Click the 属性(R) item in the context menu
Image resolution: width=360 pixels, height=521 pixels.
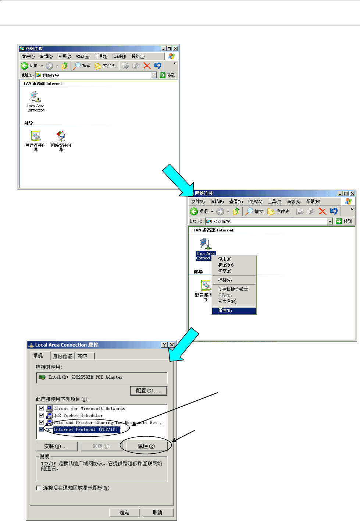(225, 311)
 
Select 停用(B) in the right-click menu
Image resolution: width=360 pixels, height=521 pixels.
(225, 259)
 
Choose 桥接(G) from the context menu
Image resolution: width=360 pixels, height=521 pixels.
(225, 280)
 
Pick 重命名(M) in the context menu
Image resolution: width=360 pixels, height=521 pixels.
(227, 301)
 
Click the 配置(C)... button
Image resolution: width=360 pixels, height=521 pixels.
(149, 390)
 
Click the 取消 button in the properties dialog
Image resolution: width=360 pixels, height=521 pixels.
(157, 513)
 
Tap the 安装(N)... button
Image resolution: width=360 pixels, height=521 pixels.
(56, 446)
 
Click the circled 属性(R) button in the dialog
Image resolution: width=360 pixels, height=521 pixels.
(146, 446)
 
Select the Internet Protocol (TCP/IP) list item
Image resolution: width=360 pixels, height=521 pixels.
(85, 429)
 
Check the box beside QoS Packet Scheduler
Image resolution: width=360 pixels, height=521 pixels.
(42, 415)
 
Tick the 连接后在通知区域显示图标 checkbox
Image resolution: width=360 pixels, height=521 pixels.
(39, 488)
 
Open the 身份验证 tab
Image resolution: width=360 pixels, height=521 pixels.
(63, 356)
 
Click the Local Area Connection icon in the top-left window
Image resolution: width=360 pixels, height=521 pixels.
(35, 97)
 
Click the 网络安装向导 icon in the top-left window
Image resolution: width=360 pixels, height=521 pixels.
(61, 137)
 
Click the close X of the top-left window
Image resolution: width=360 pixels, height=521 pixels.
(175, 49)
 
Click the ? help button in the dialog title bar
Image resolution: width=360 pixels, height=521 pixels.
(164, 345)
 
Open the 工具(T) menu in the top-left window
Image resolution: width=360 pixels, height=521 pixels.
(101, 56)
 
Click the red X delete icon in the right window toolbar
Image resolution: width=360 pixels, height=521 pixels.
(322, 211)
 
